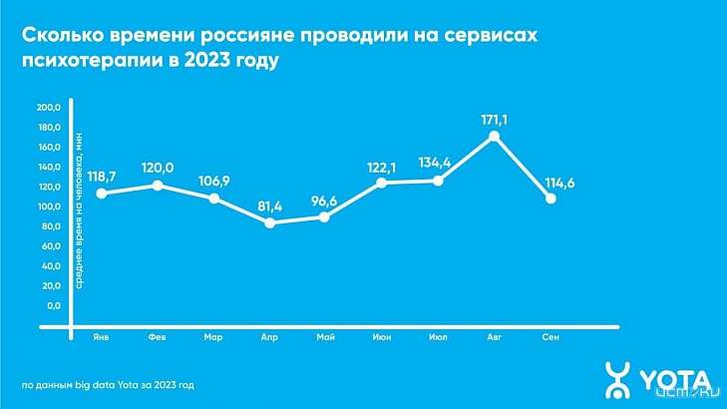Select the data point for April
coord(269,223)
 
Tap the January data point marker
coord(102,193)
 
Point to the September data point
coord(550,199)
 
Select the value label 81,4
coord(269,206)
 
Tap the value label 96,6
coord(325,200)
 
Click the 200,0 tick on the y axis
coord(49,108)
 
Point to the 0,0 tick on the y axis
coord(54,305)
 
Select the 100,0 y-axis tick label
coord(49,206)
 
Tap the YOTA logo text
coord(674,379)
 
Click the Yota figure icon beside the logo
coord(618,379)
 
